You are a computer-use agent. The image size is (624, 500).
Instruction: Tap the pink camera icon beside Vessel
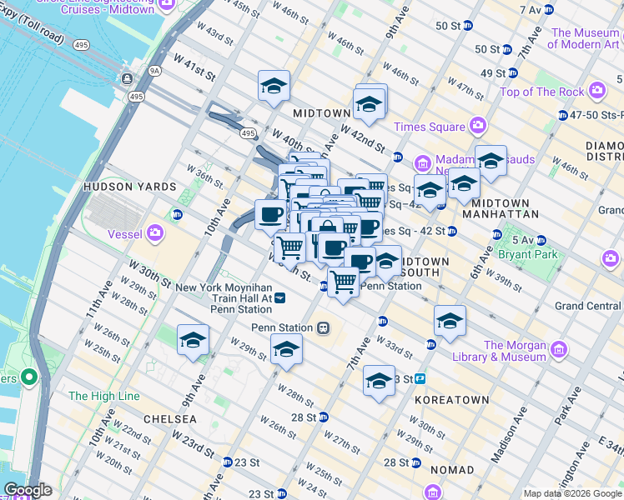pyautogui.click(x=155, y=234)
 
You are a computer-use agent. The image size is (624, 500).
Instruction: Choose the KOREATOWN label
pyautogui.click(x=451, y=400)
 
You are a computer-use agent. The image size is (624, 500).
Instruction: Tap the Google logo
pyautogui.click(x=28, y=490)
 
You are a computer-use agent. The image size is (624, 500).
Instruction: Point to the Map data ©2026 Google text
pyautogui.click(x=572, y=493)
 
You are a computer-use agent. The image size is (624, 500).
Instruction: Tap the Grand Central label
pyautogui.click(x=588, y=306)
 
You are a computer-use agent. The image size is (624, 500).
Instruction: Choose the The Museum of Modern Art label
pyautogui.click(x=585, y=38)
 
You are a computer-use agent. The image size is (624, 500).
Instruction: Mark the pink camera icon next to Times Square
pyautogui.click(x=477, y=127)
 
